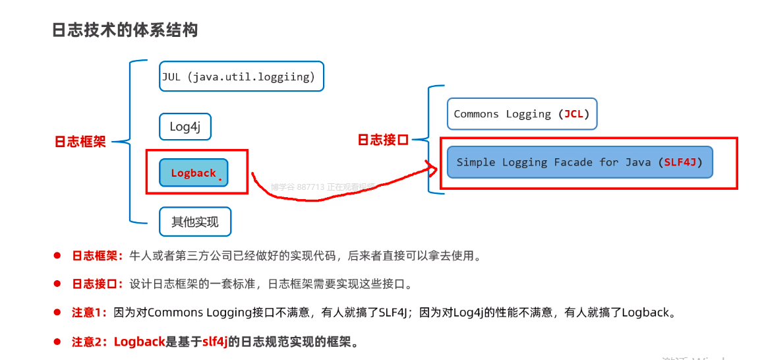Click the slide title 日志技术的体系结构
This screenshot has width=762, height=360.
pyautogui.click(x=125, y=30)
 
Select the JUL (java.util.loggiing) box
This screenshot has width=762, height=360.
pyautogui.click(x=241, y=77)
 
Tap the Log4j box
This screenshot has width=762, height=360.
pyautogui.click(x=185, y=127)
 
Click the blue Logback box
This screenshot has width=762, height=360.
pyautogui.click(x=194, y=173)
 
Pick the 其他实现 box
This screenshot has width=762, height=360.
pyautogui.click(x=195, y=222)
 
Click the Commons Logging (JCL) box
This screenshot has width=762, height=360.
pyautogui.click(x=521, y=114)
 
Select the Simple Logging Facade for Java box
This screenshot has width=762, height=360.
pyautogui.click(x=579, y=162)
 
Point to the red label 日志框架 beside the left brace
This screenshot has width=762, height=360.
pyautogui.click(x=80, y=142)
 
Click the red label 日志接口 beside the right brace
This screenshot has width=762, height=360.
pyautogui.click(x=383, y=140)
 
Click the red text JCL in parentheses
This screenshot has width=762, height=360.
pyautogui.click(x=573, y=114)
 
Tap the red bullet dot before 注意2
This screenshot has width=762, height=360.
pyautogui.click(x=57, y=342)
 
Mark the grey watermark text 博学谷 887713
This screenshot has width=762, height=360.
pyautogui.click(x=297, y=187)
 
